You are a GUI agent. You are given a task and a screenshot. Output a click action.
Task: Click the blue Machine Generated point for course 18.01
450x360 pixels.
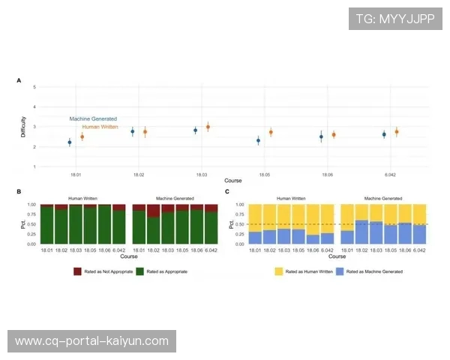click(69, 142)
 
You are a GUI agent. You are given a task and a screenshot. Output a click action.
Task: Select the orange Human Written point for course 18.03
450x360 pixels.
click(208, 127)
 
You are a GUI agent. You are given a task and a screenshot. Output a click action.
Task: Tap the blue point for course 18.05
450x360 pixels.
click(258, 140)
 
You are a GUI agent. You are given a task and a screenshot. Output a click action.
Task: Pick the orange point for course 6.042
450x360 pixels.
click(396, 132)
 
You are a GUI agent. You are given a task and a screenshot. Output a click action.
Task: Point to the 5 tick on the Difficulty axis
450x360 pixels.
click(34, 87)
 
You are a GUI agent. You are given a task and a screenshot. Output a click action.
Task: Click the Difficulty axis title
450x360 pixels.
click(23, 127)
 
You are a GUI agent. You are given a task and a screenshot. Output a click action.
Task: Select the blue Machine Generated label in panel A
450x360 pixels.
click(93, 118)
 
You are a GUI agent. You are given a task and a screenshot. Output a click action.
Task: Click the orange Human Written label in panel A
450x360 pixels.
click(100, 127)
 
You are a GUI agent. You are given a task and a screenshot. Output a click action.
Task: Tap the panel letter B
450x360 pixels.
click(19, 193)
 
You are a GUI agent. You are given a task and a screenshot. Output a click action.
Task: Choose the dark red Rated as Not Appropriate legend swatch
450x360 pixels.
click(77, 271)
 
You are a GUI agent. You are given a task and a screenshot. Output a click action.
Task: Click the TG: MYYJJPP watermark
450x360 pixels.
click(395, 18)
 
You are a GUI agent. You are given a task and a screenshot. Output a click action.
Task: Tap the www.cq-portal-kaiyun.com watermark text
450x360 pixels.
click(92, 341)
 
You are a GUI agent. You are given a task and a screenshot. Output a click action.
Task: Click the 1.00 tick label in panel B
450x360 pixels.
click(31, 205)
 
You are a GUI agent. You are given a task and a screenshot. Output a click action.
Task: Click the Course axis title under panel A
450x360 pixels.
click(232, 181)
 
